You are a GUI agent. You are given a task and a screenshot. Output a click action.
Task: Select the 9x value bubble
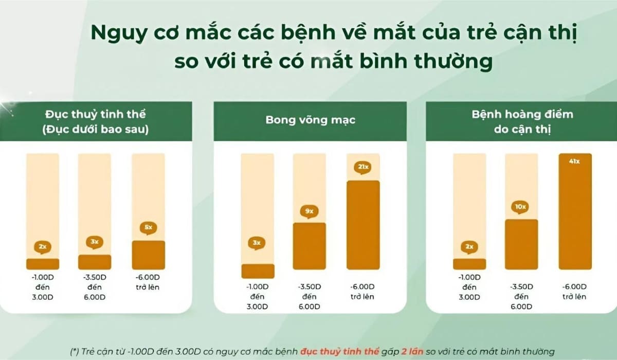click(x=309, y=211)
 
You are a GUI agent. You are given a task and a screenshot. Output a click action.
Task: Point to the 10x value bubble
click(x=520, y=207)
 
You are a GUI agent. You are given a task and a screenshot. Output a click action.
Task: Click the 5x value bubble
click(x=148, y=227)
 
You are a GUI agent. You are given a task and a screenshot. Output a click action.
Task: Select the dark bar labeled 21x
click(x=362, y=225)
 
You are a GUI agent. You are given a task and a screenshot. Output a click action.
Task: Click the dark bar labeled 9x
click(x=309, y=246)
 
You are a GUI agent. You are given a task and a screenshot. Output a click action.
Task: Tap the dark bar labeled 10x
click(x=521, y=244)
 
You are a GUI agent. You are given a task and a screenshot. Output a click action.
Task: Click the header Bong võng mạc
click(x=310, y=121)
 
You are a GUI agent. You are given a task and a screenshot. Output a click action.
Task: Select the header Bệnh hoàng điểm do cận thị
click(x=522, y=121)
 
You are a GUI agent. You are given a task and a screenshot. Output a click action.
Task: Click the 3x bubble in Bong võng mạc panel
click(x=257, y=243)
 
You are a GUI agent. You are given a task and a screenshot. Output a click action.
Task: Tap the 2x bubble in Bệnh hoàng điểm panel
click(x=469, y=247)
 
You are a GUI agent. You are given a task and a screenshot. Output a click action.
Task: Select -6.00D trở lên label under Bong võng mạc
click(x=362, y=292)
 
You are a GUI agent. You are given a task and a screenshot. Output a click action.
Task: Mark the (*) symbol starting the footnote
click(x=75, y=352)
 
